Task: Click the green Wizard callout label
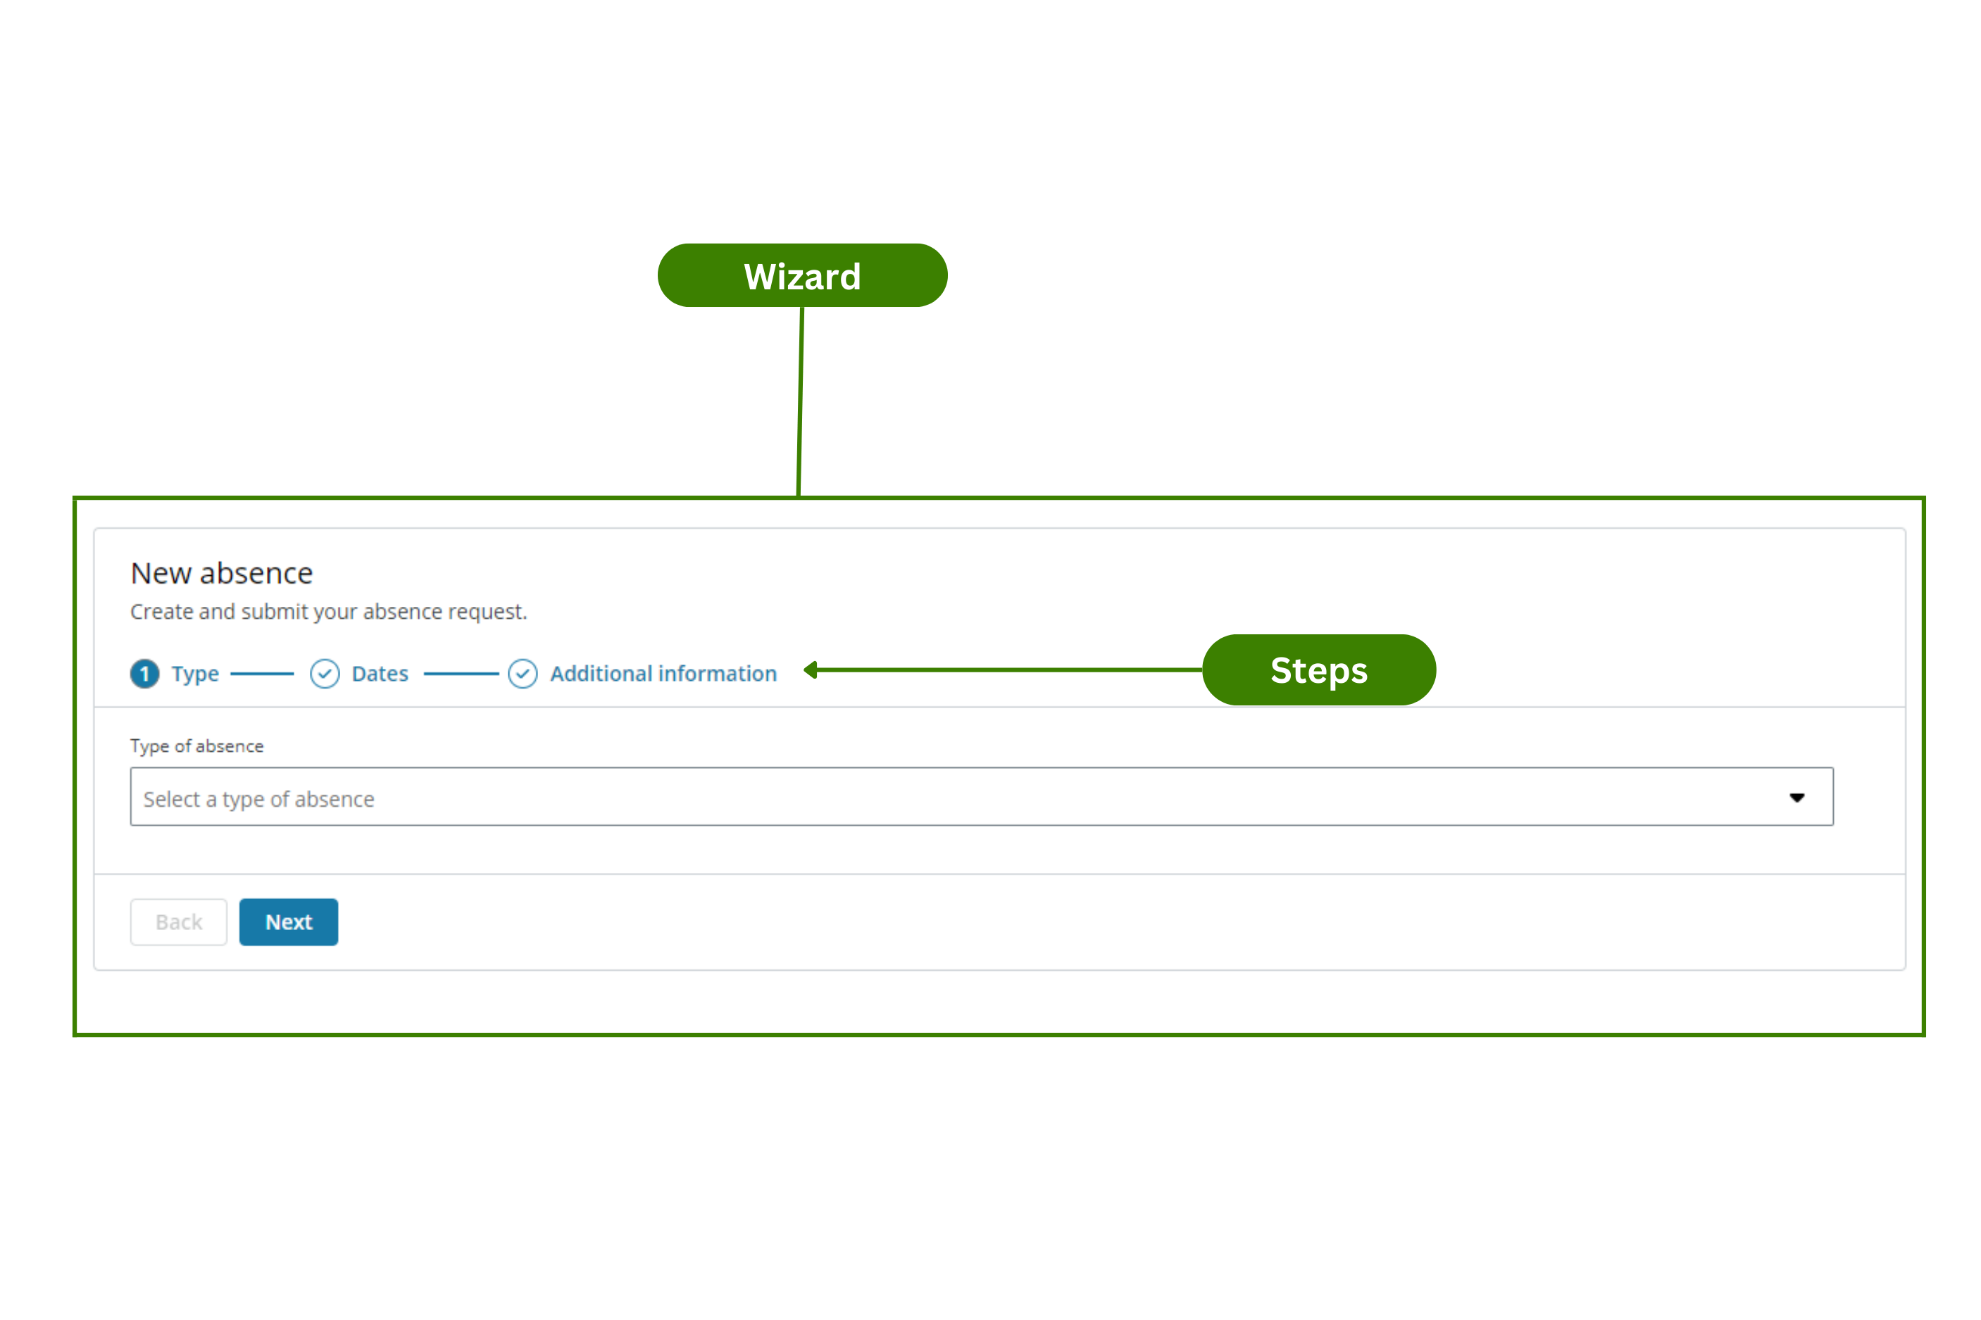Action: pyautogui.click(x=801, y=275)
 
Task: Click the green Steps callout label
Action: pyautogui.click(x=1318, y=670)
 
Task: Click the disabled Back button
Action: pyautogui.click(x=178, y=922)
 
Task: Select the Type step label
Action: pyautogui.click(x=195, y=674)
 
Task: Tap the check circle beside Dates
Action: pyautogui.click(x=324, y=674)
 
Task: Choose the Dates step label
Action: pyautogui.click(x=380, y=674)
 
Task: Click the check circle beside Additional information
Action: pyautogui.click(x=522, y=674)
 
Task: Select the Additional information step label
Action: pyautogui.click(x=663, y=674)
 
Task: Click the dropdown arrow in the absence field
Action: pyautogui.click(x=1796, y=797)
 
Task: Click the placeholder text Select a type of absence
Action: pyautogui.click(x=258, y=799)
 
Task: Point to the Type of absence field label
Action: pyautogui.click(x=196, y=746)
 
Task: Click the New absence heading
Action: pyautogui.click(x=221, y=573)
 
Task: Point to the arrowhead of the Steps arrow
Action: pyautogui.click(x=811, y=670)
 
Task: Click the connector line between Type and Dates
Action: pyautogui.click(x=262, y=674)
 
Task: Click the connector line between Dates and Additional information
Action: pyautogui.click(x=461, y=674)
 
